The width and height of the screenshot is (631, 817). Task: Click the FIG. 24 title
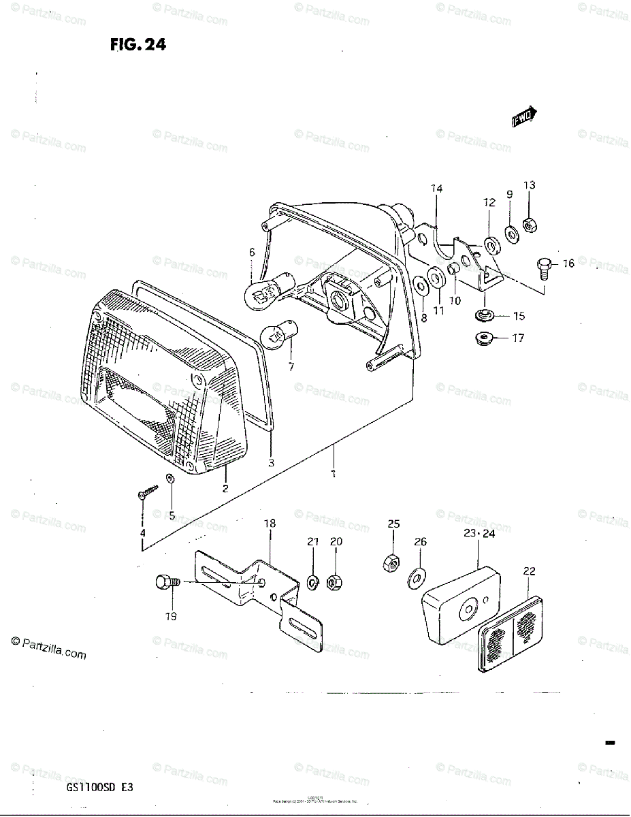pos(138,46)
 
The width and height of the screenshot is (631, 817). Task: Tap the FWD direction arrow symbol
pos(525,117)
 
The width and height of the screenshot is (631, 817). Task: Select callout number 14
pos(436,189)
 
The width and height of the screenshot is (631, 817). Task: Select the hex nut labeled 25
pos(393,562)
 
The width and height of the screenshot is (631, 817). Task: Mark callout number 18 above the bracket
pos(270,524)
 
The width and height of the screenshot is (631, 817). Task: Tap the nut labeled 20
pos(335,582)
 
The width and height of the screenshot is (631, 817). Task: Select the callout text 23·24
pos(479,534)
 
